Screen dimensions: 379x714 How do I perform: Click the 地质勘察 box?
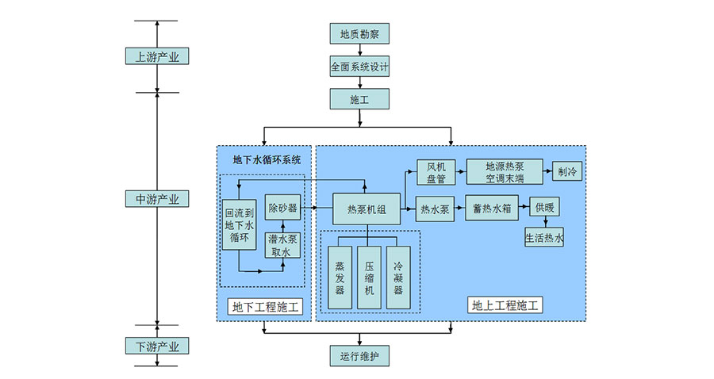pyautogui.click(x=359, y=34)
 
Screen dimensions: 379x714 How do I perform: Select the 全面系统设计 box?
pyautogui.click(x=359, y=67)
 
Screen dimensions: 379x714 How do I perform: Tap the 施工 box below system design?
pyautogui.click(x=359, y=99)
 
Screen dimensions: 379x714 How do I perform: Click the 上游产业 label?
pyautogui.click(x=157, y=56)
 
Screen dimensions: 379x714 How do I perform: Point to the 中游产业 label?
pyautogui.click(x=157, y=198)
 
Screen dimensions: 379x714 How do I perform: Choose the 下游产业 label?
pyautogui.click(x=157, y=346)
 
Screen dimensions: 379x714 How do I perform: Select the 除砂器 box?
pyautogui.click(x=282, y=208)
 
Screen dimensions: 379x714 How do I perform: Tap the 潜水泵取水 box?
pyautogui.click(x=282, y=244)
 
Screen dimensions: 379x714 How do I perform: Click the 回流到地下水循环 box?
pyautogui.click(x=239, y=224)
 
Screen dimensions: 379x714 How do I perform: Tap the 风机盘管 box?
pyautogui.click(x=436, y=172)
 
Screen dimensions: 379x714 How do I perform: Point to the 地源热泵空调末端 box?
pyautogui.click(x=505, y=172)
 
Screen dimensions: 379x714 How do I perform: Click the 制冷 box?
pyautogui.click(x=567, y=172)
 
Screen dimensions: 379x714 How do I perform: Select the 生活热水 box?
pyautogui.click(x=544, y=237)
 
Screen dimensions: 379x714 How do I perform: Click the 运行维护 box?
pyautogui.click(x=359, y=356)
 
